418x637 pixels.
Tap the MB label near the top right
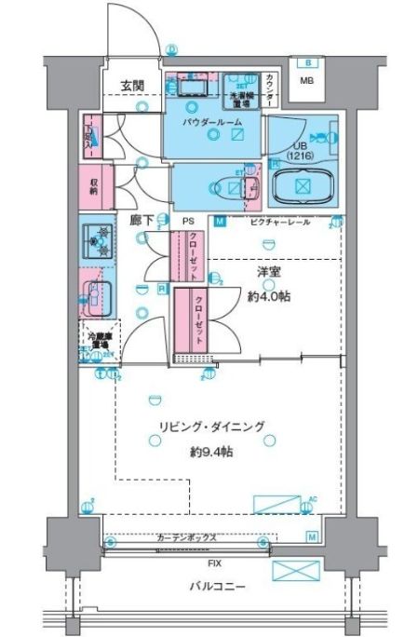306,80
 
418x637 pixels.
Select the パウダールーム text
213,121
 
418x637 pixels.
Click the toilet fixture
223,186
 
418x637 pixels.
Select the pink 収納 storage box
95,185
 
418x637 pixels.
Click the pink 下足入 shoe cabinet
90,136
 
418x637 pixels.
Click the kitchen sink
95,296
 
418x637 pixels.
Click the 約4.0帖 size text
271,297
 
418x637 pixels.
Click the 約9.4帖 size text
211,451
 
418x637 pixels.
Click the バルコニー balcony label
213,587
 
